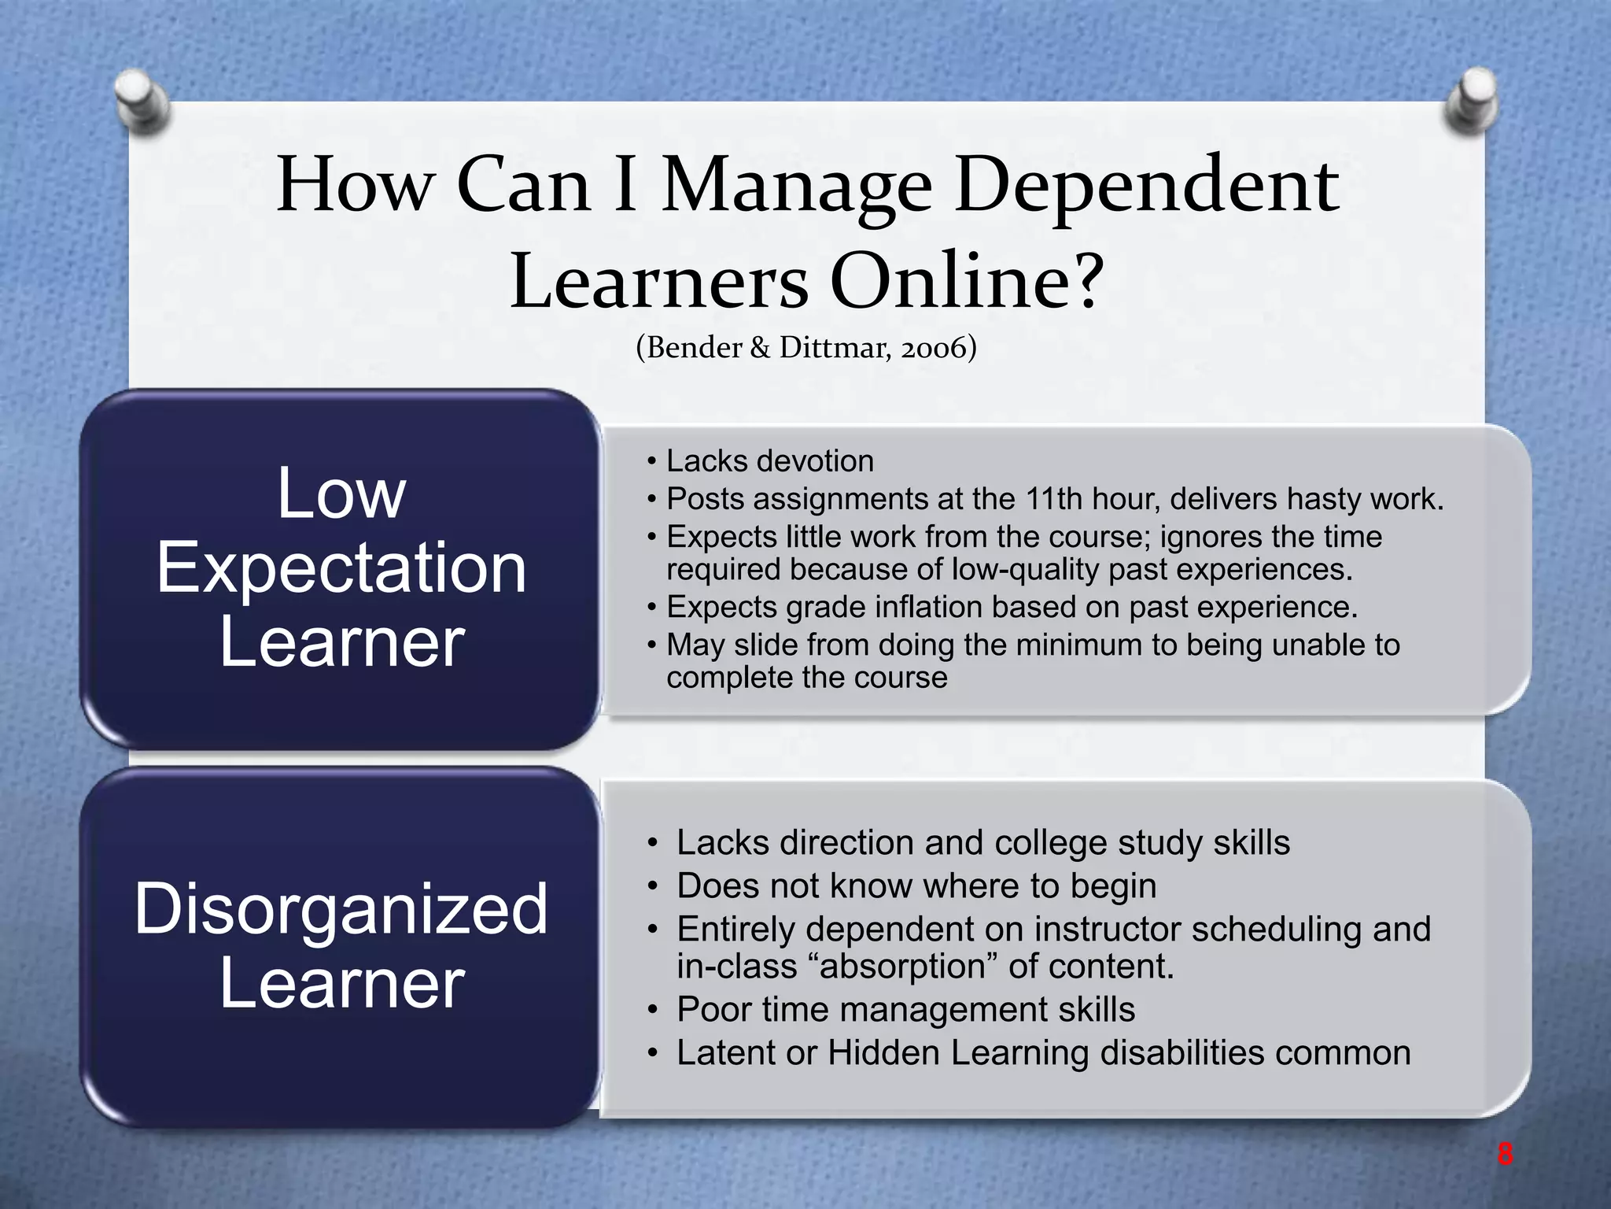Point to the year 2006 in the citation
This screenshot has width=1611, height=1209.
(934, 347)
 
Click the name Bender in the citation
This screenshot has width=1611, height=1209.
(695, 347)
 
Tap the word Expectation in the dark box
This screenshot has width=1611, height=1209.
(341, 568)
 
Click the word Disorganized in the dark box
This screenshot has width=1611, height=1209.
(341, 909)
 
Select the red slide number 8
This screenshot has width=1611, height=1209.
(1504, 1155)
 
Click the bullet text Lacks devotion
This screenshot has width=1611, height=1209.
(769, 461)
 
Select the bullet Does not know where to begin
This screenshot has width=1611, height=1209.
(916, 886)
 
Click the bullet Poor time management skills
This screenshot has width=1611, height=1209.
(905, 1010)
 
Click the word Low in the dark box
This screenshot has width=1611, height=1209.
(341, 494)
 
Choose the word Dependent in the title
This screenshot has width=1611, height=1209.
(1146, 187)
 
